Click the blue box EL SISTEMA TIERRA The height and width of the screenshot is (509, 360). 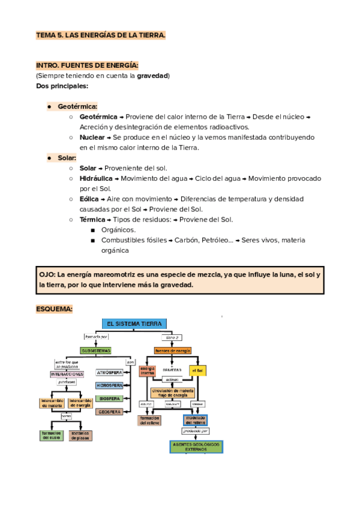(134, 323)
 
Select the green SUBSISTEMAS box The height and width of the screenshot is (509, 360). (96, 350)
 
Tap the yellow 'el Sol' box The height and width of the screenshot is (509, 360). (197, 370)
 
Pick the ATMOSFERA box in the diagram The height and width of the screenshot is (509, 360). (109, 372)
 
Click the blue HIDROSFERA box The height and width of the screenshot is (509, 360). (109, 385)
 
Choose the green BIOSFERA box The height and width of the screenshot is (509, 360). (109, 399)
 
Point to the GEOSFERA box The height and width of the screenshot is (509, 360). (109, 412)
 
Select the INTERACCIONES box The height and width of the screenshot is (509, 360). (67, 373)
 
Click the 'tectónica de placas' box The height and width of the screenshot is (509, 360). (80, 435)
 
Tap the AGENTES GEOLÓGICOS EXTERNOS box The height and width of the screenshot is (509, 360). (196, 446)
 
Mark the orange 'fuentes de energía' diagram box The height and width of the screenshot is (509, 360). (173, 350)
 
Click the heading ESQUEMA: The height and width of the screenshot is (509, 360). (54, 309)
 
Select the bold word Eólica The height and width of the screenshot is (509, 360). (89, 199)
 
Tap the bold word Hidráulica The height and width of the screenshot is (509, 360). (95, 179)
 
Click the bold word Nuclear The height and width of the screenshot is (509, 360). (92, 137)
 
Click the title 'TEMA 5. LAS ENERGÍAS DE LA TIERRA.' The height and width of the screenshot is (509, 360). (100, 36)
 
